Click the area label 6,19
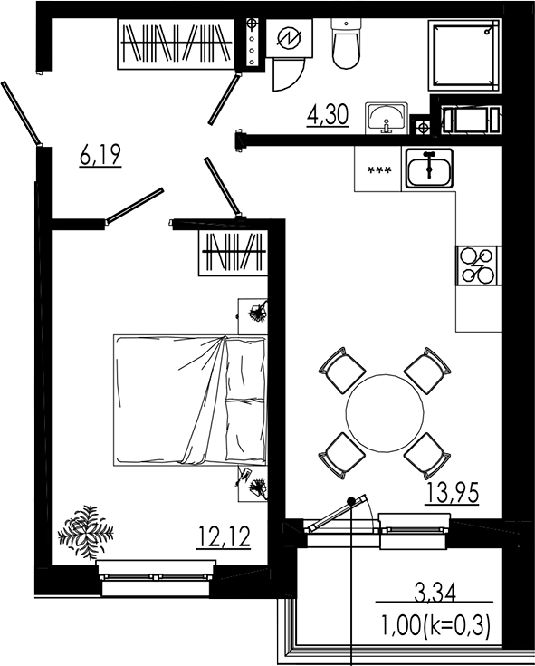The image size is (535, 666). tap(100, 156)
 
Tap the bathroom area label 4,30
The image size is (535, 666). tap(329, 117)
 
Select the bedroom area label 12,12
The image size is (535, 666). tap(224, 539)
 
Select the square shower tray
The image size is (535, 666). tap(464, 55)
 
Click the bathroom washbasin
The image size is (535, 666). tap(387, 118)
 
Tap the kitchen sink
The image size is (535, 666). tap(429, 169)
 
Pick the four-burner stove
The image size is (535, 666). tap(478, 265)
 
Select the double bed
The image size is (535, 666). tap(190, 400)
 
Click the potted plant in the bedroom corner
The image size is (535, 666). tap(86, 529)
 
